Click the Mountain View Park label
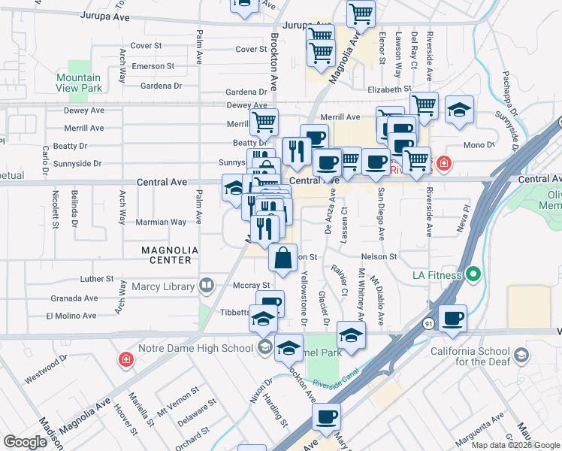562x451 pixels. click(x=78, y=83)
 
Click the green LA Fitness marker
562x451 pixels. click(x=473, y=275)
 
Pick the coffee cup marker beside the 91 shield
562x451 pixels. click(x=453, y=318)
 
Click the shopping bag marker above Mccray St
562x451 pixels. click(x=283, y=259)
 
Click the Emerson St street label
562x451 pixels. click(x=153, y=66)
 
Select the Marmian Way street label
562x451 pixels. click(x=161, y=222)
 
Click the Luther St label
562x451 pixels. click(x=96, y=279)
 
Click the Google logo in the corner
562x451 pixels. click(x=25, y=442)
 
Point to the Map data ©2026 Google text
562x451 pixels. click(x=514, y=445)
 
